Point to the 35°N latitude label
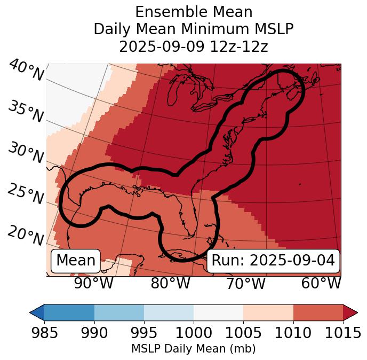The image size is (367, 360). (x=26, y=111)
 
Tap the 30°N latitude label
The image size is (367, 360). (x=26, y=153)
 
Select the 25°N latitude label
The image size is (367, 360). (x=26, y=194)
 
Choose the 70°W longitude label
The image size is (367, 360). (x=245, y=283)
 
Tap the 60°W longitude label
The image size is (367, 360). (x=321, y=283)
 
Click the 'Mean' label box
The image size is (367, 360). (x=76, y=261)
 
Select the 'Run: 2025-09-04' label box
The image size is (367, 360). (x=273, y=261)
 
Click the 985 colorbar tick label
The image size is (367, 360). (x=44, y=333)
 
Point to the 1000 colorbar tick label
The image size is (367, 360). (x=194, y=333)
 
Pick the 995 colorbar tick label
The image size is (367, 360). (x=144, y=333)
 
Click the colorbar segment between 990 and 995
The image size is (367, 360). (x=119, y=312)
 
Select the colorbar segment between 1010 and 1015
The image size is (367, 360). (x=318, y=312)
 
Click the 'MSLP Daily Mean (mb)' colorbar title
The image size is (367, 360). (x=194, y=349)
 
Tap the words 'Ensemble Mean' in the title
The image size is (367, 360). (x=194, y=12)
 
